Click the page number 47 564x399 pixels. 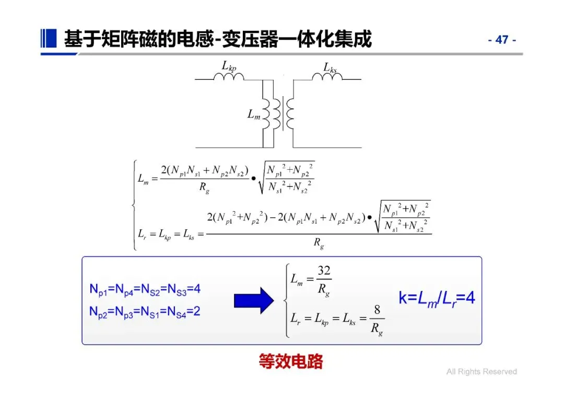502,40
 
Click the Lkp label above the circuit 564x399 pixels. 229,66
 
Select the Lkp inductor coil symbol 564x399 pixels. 229,77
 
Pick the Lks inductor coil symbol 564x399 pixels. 327,77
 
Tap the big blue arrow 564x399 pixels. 253,300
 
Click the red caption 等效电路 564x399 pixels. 291,361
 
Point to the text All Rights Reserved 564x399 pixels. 481,372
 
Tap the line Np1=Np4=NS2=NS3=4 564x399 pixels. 145,289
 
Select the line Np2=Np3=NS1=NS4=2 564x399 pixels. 145,312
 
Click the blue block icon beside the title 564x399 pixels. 49,38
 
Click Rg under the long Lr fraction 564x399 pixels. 319,243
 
